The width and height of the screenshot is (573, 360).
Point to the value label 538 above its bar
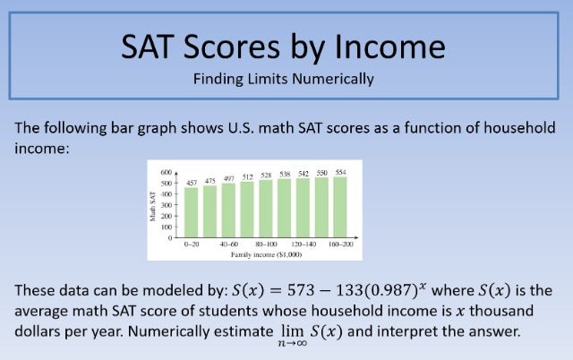click(x=286, y=174)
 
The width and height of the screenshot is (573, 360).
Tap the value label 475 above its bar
click(x=210, y=181)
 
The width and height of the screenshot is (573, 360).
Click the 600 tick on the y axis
click(x=167, y=171)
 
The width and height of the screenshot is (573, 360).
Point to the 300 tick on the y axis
click(x=167, y=204)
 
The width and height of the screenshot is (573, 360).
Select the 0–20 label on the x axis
click(x=191, y=244)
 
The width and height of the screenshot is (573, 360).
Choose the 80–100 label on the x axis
click(x=266, y=244)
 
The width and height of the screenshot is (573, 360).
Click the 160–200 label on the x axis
click(x=341, y=244)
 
